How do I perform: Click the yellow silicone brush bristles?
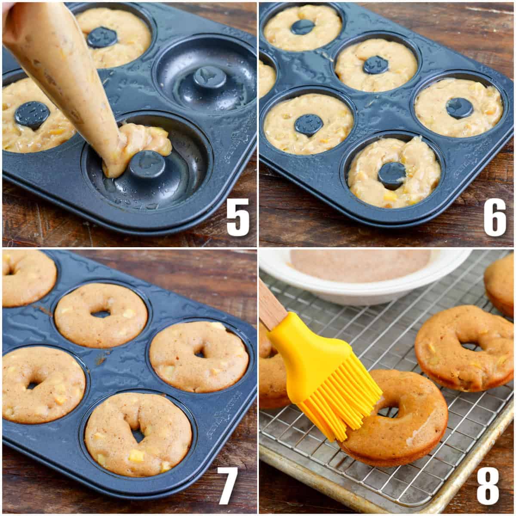(x=340, y=396)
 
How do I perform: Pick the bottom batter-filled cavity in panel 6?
(x=393, y=172)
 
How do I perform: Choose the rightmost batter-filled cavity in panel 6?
(x=458, y=107)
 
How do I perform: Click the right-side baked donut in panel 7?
(x=199, y=356)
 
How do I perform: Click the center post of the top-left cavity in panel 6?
(x=302, y=27)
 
